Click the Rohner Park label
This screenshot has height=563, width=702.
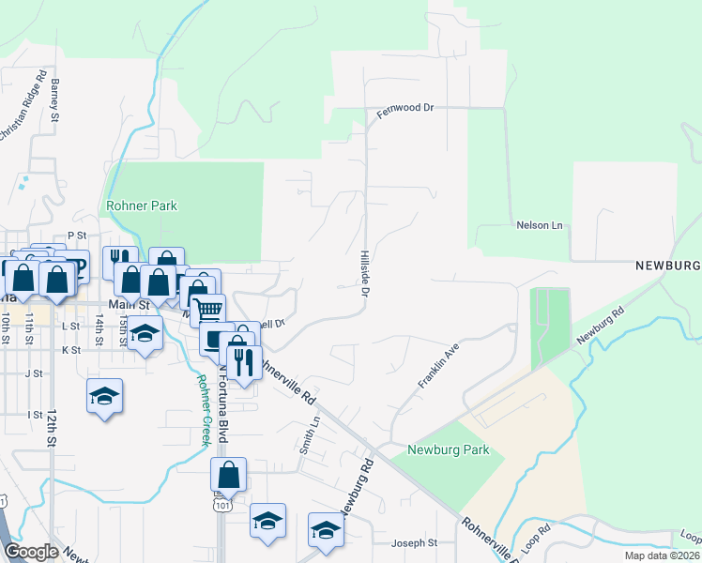(143, 205)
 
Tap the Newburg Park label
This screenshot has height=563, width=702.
(449, 450)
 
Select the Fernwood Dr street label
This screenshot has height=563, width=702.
(405, 109)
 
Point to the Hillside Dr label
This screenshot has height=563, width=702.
(363, 274)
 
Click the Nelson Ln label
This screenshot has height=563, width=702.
(539, 225)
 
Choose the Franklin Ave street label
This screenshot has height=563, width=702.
(437, 366)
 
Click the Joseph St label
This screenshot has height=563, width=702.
(414, 543)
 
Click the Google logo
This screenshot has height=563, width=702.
(32, 551)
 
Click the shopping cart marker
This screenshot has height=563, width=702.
(209, 310)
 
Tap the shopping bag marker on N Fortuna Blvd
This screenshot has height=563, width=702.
(228, 475)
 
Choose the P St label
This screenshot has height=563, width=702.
(76, 236)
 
